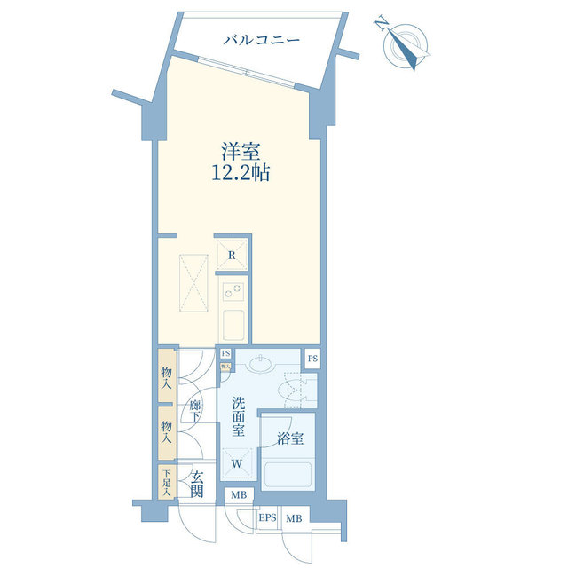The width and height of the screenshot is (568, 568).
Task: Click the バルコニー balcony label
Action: [261, 39]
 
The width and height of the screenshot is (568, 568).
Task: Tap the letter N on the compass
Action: [382, 23]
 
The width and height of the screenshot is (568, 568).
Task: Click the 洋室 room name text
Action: [241, 152]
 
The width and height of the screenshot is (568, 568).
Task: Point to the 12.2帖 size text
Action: [241, 172]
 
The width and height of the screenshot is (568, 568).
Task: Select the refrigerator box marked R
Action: [233, 255]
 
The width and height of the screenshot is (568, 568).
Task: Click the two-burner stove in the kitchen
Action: [233, 291]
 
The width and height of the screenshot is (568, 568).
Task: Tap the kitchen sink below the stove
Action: [233, 325]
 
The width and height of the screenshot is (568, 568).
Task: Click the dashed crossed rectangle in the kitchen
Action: [193, 283]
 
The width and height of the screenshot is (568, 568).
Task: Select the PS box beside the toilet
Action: [312, 359]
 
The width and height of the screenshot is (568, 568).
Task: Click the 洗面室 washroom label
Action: [239, 416]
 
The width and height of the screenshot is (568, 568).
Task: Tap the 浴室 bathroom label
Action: [290, 438]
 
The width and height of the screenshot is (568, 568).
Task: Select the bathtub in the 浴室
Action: [288, 475]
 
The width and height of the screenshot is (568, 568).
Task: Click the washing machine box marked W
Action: [237, 463]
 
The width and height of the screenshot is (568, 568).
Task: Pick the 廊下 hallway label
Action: [195, 410]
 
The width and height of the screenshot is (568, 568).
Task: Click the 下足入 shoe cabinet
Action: [167, 482]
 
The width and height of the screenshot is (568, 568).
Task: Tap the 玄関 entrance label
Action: [197, 485]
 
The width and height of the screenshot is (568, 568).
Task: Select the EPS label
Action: [267, 518]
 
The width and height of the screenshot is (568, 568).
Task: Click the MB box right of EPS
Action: [295, 518]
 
